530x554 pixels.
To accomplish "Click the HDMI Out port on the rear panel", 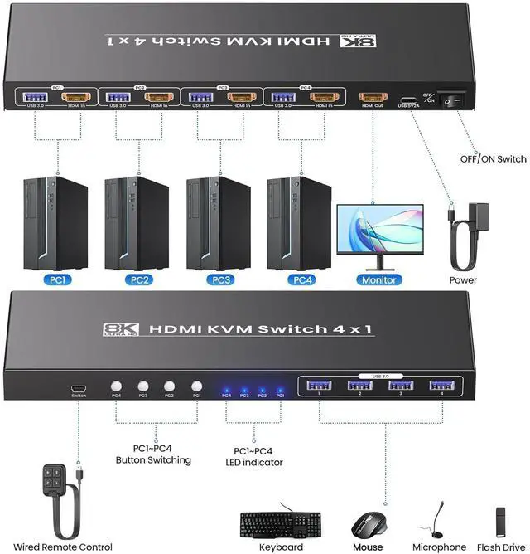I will (371, 98).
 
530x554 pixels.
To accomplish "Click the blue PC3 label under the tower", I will (219, 279).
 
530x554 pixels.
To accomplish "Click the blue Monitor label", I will (379, 279).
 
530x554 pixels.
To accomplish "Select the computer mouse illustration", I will (367, 523).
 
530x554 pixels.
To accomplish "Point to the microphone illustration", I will (439, 518).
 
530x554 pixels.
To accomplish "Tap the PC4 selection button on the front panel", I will (116, 386).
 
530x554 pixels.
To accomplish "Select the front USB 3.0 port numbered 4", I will (440, 384).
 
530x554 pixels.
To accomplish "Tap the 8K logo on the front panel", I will (121, 329).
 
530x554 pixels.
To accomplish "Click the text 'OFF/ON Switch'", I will (494, 158).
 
